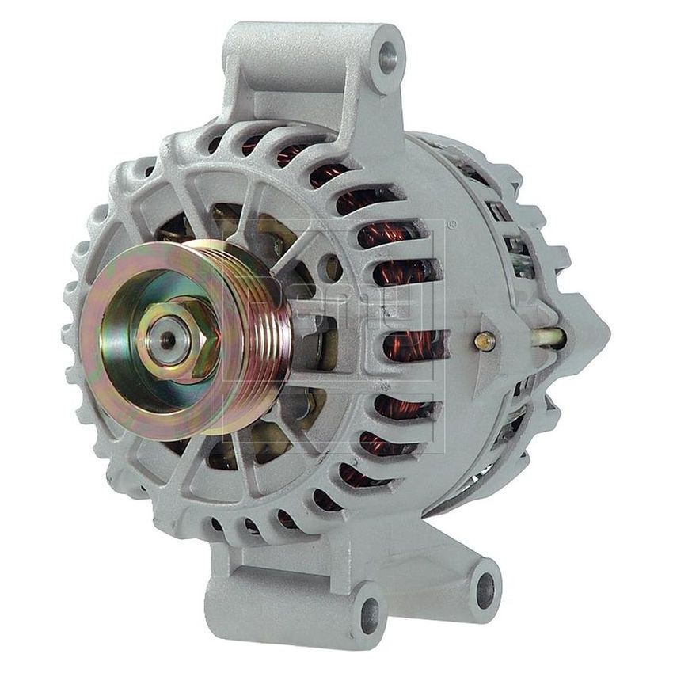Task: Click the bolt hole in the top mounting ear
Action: [387, 55]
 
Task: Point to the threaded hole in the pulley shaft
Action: [169, 340]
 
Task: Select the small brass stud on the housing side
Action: [485, 340]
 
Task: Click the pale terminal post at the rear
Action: [546, 338]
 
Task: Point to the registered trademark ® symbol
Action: [451, 225]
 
